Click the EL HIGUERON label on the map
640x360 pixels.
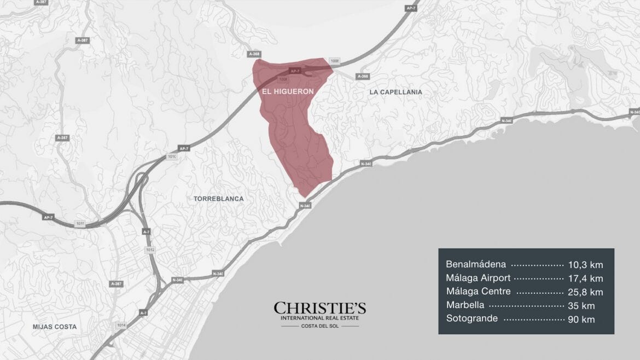pos(288,91)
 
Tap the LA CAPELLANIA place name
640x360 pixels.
pos(395,92)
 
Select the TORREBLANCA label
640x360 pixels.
pos(218,199)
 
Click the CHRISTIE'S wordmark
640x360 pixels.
pos(320,308)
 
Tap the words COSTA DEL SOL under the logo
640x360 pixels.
pos(319,327)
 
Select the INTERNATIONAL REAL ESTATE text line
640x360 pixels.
pos(320,318)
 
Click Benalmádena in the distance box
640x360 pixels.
pos(476,265)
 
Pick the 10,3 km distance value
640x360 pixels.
pos(585,265)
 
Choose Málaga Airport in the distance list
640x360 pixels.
pos(478,278)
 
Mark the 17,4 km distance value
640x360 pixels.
pos(585,278)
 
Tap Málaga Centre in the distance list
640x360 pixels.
pos(478,292)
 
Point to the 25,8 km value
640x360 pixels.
pos(585,292)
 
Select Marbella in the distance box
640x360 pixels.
pos(465,305)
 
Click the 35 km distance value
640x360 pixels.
pos(581,305)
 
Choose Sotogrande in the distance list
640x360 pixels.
pos(472,318)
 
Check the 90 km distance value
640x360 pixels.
pos(581,318)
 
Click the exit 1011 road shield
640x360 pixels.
pos(80,224)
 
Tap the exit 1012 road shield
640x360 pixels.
pos(150,249)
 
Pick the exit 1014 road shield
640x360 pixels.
pos(120,325)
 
